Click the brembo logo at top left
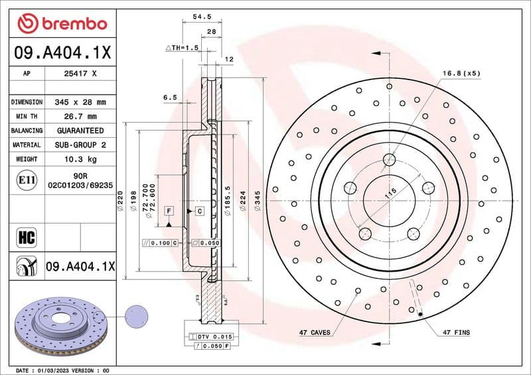tap(62, 24)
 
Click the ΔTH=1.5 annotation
tap(182, 48)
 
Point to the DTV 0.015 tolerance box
tap(209, 337)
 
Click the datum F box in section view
tap(169, 211)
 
